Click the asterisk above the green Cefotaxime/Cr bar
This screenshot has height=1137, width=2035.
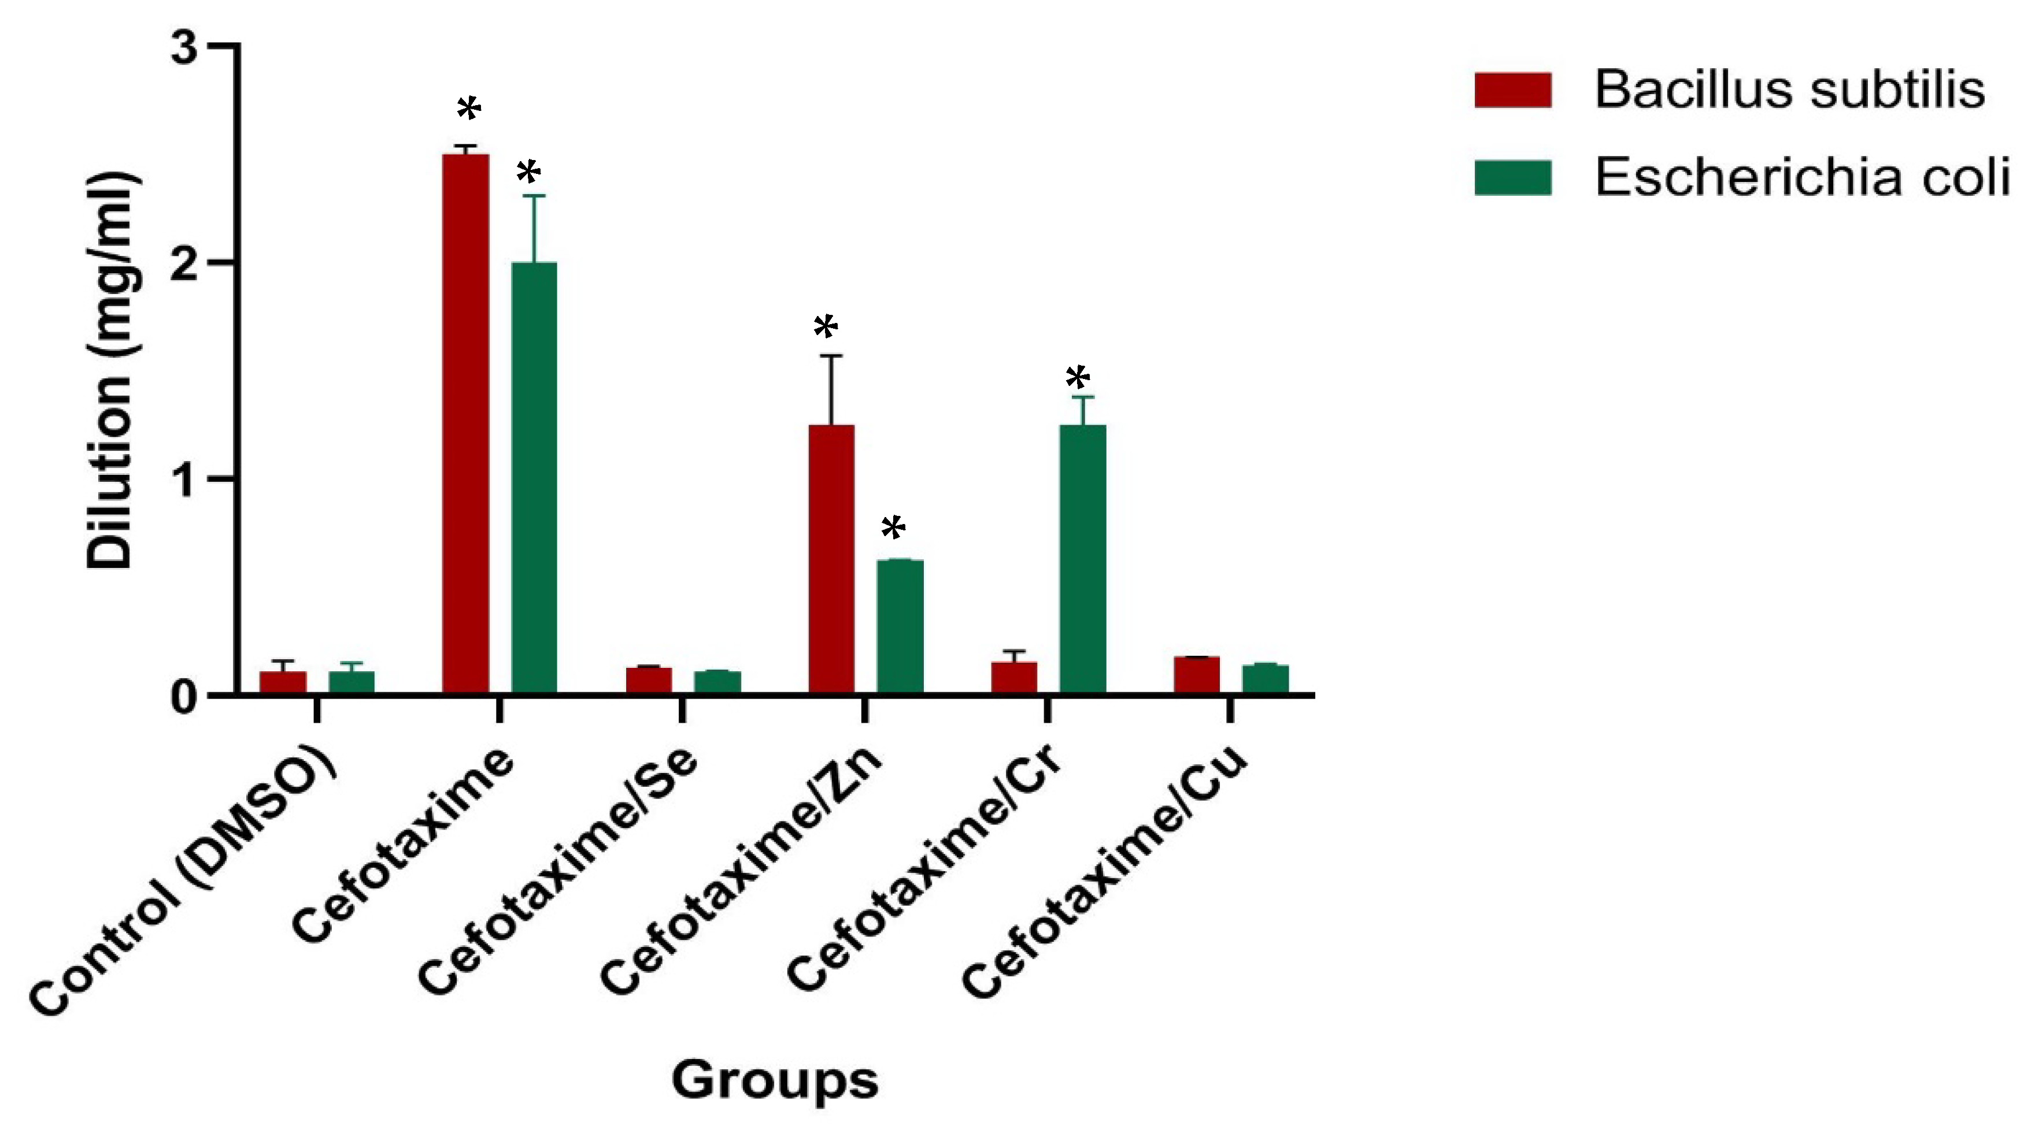click(x=1078, y=378)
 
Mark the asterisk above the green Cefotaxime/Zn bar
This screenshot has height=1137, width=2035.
click(x=893, y=528)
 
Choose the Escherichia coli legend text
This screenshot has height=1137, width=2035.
click(x=1802, y=178)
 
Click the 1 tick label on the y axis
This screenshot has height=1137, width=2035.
click(x=185, y=480)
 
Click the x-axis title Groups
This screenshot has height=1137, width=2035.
click(x=774, y=1080)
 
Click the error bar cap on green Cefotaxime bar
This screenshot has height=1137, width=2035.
click(x=534, y=196)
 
